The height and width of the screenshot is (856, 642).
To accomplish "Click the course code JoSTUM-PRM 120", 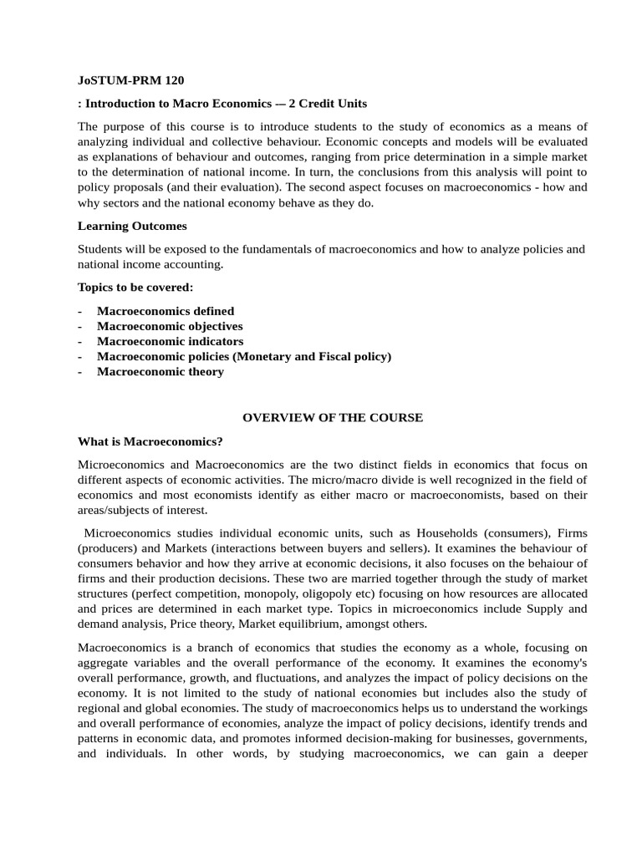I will [x=130, y=81].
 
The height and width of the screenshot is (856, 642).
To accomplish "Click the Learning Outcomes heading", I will [x=132, y=226].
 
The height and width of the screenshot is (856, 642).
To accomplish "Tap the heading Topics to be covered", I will [x=135, y=287].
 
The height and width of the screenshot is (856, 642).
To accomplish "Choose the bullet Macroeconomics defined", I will [x=166, y=311].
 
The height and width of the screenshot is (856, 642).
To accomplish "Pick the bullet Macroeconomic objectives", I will [x=170, y=326].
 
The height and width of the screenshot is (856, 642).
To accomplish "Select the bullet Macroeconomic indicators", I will [x=171, y=341].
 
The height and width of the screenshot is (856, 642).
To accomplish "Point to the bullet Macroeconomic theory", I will [x=160, y=371].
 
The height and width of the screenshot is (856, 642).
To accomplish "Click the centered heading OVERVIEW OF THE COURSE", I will [x=333, y=417].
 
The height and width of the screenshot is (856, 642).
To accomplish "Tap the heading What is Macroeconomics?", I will [x=150, y=441].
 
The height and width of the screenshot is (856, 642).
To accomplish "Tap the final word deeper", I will [x=566, y=752].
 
